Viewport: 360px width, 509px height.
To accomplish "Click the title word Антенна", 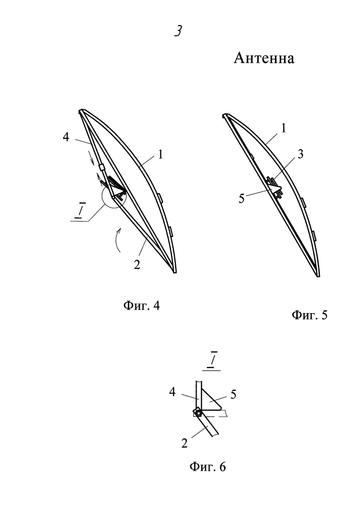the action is click(x=264, y=59).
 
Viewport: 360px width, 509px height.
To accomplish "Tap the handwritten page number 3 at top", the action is click(x=178, y=31).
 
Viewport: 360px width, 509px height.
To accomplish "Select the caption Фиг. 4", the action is click(x=142, y=305).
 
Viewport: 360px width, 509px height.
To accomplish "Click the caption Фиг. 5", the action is click(x=310, y=315).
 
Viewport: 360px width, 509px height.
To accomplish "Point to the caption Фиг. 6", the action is click(x=207, y=467).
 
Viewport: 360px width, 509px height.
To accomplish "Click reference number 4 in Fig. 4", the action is click(x=66, y=137).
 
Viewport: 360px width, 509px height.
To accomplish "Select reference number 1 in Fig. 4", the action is click(x=160, y=155).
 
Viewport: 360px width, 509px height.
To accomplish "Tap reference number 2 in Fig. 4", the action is click(x=137, y=265).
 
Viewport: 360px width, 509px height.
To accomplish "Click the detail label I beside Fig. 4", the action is click(x=78, y=211).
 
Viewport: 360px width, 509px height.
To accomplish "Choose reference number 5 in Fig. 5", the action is click(x=241, y=199).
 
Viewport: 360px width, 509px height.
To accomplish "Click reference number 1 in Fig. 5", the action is click(x=284, y=129).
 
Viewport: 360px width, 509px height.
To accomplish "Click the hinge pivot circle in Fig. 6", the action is click(x=199, y=413).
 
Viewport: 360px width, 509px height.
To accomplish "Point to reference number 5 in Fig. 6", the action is click(x=233, y=394).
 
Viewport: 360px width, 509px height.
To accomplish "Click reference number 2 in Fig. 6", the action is click(x=184, y=443).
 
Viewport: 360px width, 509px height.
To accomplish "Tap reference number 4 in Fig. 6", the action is click(x=172, y=392).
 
